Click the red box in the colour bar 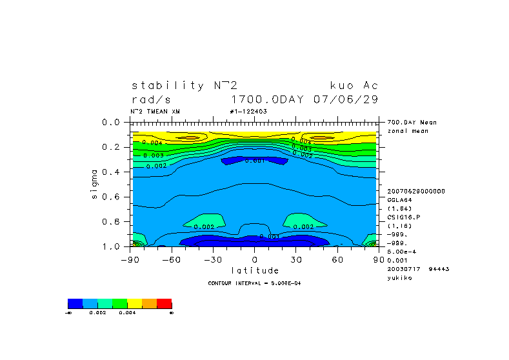pyautogui.click(x=164, y=303)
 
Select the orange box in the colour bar pyautogui.click(x=149, y=303)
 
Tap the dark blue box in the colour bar pyautogui.click(x=75, y=303)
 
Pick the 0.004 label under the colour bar pyautogui.click(x=126, y=312)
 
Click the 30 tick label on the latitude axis pyautogui.click(x=295, y=259)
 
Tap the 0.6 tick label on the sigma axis pyautogui.click(x=112, y=197)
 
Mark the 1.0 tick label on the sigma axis pyautogui.click(x=112, y=246)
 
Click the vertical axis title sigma pyautogui.click(x=94, y=184)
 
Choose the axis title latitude pyautogui.click(x=255, y=270)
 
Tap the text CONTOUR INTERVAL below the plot pyautogui.click(x=235, y=283)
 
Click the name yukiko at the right pyautogui.click(x=399, y=277)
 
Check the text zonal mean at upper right pyautogui.click(x=408, y=131)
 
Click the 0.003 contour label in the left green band pyautogui.click(x=153, y=155)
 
